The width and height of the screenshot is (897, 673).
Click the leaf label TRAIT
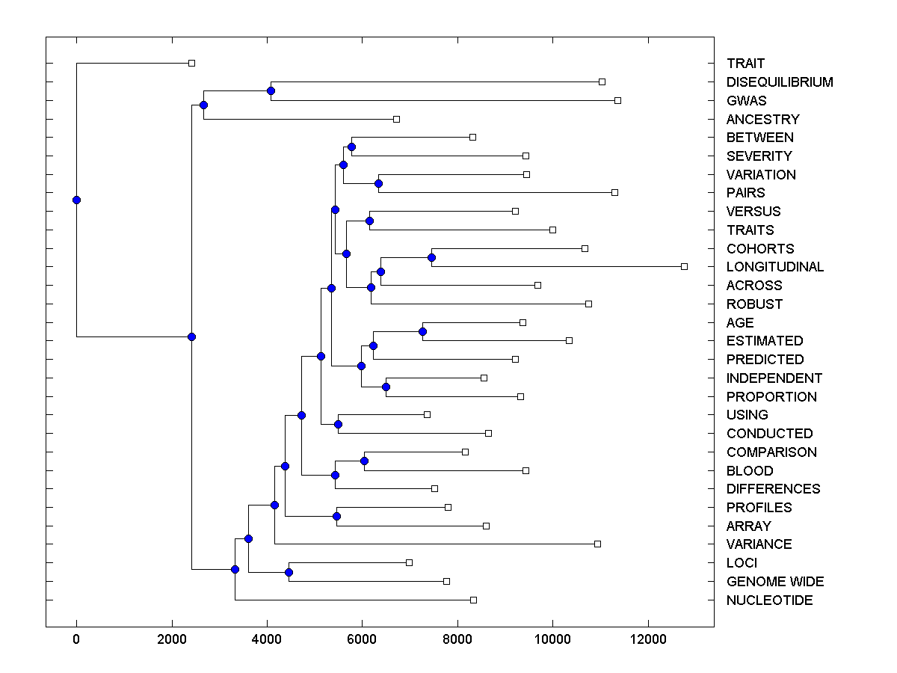coord(745,64)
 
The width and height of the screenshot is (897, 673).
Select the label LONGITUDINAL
coord(774,267)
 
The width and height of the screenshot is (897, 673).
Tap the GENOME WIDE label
coord(775,582)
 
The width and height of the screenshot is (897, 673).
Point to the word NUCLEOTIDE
coord(769,600)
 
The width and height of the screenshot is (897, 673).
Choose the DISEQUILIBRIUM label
coord(780,82)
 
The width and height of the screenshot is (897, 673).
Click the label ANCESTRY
coord(762,120)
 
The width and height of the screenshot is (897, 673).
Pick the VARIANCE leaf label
coord(759,544)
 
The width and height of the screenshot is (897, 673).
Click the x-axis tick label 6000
coord(362,639)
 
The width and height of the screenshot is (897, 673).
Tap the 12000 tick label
coord(647,639)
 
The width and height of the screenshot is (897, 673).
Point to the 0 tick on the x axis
coord(76,639)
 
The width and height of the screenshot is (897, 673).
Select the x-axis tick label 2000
coord(172,639)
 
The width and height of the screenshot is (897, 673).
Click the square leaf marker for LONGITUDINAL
coord(684,266)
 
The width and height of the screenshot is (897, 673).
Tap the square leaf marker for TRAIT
coord(191,63)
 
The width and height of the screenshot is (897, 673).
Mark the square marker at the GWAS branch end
coord(617,100)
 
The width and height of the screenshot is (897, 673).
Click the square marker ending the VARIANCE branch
coord(597,544)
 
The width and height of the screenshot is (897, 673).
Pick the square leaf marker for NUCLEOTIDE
coord(473,600)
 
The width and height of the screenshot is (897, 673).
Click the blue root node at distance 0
coord(76,200)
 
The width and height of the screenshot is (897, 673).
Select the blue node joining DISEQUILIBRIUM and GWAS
coord(271,91)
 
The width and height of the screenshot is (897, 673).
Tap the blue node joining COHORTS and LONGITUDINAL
coord(431,257)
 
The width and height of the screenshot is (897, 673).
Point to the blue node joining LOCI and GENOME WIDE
coord(289,572)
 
